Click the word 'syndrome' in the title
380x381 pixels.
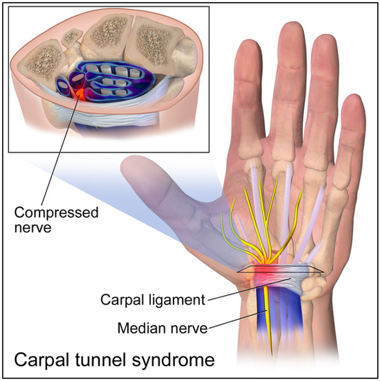pos(173,361)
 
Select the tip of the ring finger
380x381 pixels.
pos(325,36)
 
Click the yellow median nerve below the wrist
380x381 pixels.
pos(269,321)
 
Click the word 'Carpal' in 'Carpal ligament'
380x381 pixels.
pos(123,301)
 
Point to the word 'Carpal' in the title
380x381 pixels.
pos(42,361)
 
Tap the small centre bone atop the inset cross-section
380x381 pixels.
pos(71,36)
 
